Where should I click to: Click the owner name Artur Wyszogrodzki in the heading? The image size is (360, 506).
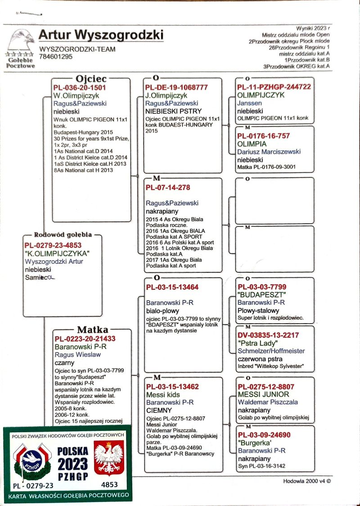click(x=101, y=35)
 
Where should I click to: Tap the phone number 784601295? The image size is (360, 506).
click(x=56, y=57)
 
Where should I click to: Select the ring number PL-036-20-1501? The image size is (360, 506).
click(x=80, y=88)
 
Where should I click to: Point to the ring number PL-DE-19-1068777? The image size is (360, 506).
click(x=176, y=87)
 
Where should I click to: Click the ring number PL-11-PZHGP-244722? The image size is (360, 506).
click(x=274, y=87)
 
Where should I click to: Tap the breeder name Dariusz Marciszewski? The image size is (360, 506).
click(x=269, y=152)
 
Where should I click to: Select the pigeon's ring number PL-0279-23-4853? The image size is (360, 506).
click(x=53, y=245)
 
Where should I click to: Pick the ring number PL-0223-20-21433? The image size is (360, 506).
click(x=85, y=339)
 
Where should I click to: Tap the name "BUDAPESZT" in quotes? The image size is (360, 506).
click(x=261, y=295)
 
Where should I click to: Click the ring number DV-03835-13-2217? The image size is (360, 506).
click(x=268, y=335)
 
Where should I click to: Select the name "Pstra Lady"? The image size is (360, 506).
click(x=256, y=343)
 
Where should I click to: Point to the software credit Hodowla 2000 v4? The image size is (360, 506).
click(x=307, y=481)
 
